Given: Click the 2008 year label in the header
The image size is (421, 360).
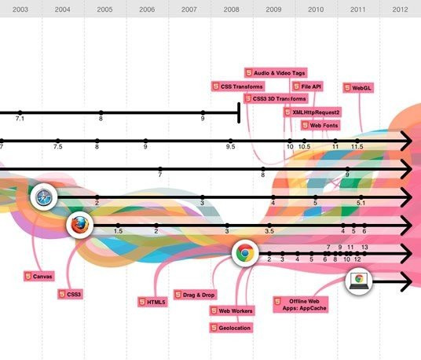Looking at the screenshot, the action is click(x=231, y=9).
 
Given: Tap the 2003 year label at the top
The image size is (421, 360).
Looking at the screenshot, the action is click(x=20, y=9).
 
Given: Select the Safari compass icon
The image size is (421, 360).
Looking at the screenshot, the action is click(x=44, y=197).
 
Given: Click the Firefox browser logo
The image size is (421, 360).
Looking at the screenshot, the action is click(x=80, y=225).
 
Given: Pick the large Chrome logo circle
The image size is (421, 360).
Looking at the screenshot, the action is click(x=245, y=253).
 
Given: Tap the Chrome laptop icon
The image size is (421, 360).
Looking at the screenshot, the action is click(x=359, y=281).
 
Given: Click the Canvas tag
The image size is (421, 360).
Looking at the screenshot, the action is click(x=39, y=276).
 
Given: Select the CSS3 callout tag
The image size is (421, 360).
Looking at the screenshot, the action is click(x=71, y=294).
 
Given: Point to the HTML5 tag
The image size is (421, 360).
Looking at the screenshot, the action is click(x=153, y=302).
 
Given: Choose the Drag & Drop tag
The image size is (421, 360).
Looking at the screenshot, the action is click(x=196, y=295).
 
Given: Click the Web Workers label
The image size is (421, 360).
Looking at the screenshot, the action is click(x=232, y=310).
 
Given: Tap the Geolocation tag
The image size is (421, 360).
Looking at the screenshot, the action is click(x=231, y=328).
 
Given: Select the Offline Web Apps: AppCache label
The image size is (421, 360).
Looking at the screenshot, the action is click(x=301, y=305).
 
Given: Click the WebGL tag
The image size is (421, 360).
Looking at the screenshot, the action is click(x=358, y=88).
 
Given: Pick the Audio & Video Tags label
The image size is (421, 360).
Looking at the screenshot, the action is click(x=276, y=73).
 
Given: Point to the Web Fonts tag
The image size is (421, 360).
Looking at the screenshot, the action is click(x=320, y=126).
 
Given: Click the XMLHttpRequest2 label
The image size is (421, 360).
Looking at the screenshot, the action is click(x=313, y=112).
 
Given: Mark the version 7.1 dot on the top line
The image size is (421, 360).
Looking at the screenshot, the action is click(x=20, y=112).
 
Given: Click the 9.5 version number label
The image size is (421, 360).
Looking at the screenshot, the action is click(x=230, y=147).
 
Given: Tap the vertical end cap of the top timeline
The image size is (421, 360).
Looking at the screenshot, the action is click(x=239, y=112).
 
